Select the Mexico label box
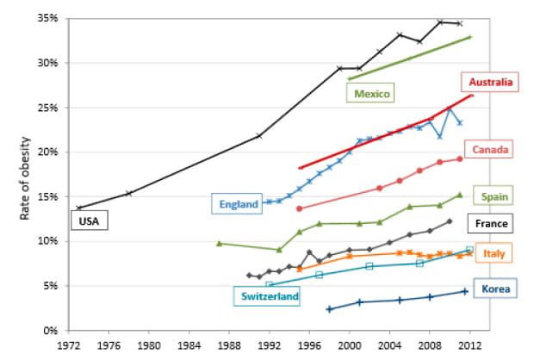372,93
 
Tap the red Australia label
491,83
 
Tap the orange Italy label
494,253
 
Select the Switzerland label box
270,296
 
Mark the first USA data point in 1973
78,208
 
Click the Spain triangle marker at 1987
219,244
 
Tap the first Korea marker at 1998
329,308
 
